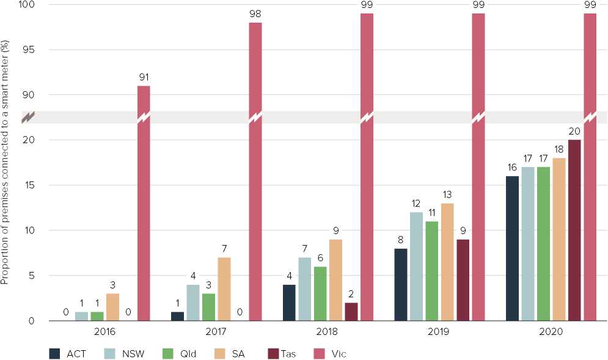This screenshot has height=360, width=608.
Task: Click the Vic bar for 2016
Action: [144, 208]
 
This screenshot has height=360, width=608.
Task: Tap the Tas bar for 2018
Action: [351, 312]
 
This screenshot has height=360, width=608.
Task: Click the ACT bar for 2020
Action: [513, 248]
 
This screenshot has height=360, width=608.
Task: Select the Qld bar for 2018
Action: [321, 293]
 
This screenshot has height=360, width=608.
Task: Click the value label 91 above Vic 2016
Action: [144, 78]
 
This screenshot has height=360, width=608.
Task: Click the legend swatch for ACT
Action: [56, 353]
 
